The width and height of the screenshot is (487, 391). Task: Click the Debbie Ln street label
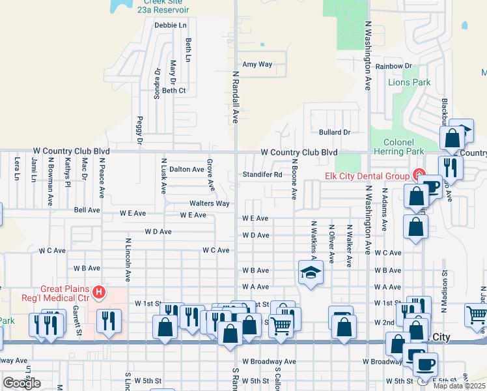click(x=171, y=25)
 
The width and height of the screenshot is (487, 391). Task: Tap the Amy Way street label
click(x=257, y=65)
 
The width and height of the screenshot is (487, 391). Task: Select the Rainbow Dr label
click(x=393, y=66)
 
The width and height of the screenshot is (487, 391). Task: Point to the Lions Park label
click(x=409, y=83)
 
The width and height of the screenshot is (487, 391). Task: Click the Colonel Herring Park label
click(x=394, y=147)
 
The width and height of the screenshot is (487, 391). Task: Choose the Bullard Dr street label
click(x=335, y=132)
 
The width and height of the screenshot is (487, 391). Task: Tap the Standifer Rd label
click(x=262, y=175)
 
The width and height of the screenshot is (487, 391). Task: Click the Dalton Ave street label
click(x=187, y=169)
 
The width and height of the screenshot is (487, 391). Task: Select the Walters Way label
click(x=209, y=203)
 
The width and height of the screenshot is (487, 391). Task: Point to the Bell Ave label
click(x=87, y=210)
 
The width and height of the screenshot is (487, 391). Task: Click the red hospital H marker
click(x=98, y=292)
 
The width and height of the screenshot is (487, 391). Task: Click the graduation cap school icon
click(x=311, y=272)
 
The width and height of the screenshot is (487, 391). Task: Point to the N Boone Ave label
click(x=294, y=179)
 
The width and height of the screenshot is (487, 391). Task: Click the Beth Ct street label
click(x=174, y=91)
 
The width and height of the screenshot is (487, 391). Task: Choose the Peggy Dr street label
click(x=139, y=130)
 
